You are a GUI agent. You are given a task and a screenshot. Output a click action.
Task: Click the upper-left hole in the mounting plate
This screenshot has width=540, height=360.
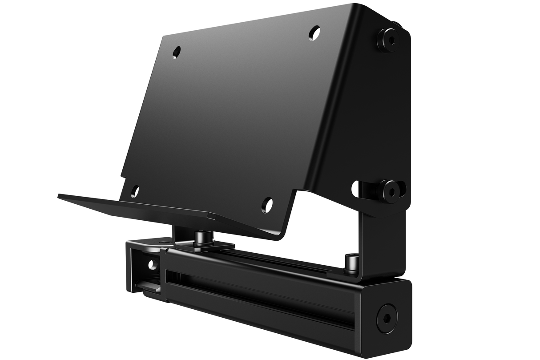click(177, 51)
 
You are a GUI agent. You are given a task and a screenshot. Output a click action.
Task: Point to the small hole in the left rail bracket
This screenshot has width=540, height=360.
click(153, 265)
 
